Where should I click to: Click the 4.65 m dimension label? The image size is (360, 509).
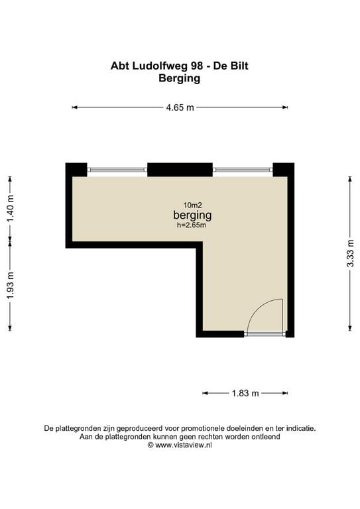(180, 107)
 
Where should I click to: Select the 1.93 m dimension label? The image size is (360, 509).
(11, 286)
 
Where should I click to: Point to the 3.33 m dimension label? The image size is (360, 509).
(350, 253)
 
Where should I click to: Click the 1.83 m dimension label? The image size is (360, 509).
(245, 394)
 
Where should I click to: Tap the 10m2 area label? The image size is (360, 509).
(192, 205)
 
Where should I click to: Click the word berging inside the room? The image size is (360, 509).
(192, 215)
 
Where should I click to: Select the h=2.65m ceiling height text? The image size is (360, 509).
(192, 225)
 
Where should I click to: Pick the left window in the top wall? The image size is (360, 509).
(117, 170)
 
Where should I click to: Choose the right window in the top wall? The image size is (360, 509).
(243, 170)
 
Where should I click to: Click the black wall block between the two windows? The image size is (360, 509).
(180, 170)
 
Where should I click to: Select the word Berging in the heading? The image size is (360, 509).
(180, 79)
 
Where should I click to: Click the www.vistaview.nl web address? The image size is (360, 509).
(184, 445)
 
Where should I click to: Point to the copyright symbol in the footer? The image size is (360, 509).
(150, 445)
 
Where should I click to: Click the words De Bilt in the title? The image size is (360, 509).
(231, 66)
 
